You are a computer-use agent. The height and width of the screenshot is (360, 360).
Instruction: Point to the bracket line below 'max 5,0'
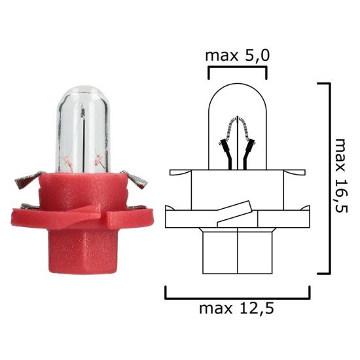click(237, 67)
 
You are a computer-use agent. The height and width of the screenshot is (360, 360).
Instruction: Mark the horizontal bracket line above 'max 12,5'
click(237, 297)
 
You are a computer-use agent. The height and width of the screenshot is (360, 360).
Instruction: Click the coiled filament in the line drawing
click(237, 127)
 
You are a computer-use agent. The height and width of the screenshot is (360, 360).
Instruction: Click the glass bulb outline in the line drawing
click(237, 98)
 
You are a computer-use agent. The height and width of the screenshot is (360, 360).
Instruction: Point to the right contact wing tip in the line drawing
click(301, 173)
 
